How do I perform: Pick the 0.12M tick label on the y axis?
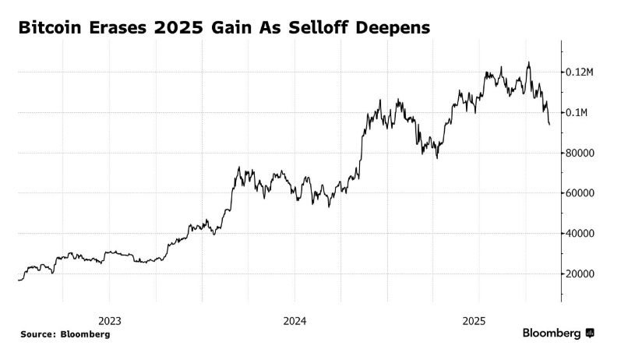581,72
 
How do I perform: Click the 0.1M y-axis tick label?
578,113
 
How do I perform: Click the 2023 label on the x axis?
109,320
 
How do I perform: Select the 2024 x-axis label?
295,320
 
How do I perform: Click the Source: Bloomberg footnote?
65,334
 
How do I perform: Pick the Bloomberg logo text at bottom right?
552,334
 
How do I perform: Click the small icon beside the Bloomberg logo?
590,334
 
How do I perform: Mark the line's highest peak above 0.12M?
529,63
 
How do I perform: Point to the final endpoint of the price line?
550,125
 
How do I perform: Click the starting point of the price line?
18,280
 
